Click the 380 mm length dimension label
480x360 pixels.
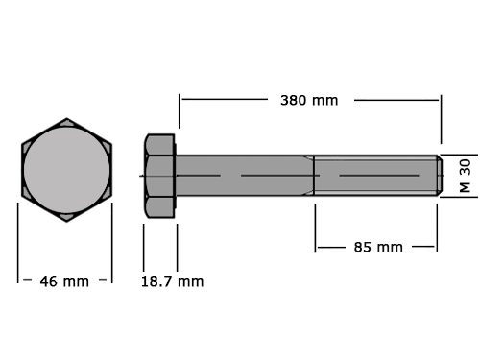pyautogui.click(x=309, y=100)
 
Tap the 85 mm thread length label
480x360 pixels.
pyautogui.click(x=378, y=247)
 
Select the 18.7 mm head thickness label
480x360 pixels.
pyautogui.click(x=172, y=281)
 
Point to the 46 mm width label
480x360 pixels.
pyautogui.click(x=64, y=281)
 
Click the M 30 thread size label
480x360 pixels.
pyautogui.click(x=466, y=176)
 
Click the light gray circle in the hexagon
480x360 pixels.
pyautogui.click(x=66, y=170)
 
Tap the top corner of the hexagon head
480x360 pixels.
pyautogui.click(x=66, y=118)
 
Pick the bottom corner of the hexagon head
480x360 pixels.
pyautogui.click(x=66, y=222)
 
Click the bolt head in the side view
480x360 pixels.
pyautogui.click(x=159, y=176)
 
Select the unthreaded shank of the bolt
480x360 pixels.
pyautogui.click(x=245, y=176)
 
